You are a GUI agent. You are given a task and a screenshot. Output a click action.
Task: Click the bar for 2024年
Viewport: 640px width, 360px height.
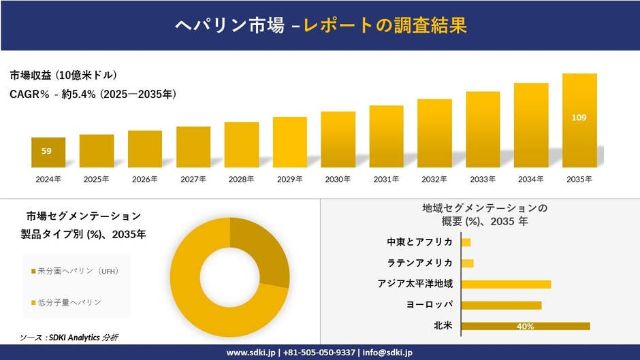coord(48,152)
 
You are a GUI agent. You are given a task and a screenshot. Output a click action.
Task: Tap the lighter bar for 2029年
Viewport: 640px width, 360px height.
coord(290,142)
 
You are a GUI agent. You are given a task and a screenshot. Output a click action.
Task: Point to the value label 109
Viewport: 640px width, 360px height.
coord(579,118)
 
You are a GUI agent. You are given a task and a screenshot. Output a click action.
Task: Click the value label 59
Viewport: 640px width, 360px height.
coord(46,151)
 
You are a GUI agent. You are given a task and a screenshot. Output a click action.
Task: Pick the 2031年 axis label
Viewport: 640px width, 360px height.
coord(386,179)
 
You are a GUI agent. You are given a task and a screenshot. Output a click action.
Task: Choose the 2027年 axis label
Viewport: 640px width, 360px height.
coord(193,179)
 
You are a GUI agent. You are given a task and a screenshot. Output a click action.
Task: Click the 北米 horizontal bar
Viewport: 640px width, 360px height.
coord(525,326)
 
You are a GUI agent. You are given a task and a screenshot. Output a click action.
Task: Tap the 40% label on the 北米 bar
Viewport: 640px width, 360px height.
coord(525,327)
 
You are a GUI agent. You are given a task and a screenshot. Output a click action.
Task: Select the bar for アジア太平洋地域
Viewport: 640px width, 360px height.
coord(506,284)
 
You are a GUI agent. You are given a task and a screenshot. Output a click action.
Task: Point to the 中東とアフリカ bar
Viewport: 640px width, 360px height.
coord(466,242)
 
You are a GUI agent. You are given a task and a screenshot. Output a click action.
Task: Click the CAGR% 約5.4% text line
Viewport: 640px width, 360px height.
coord(93,95)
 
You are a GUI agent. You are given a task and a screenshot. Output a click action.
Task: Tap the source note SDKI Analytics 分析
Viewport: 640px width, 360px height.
coord(69,338)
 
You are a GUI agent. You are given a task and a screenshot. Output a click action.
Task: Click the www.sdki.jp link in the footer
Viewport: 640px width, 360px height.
coord(251,353)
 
